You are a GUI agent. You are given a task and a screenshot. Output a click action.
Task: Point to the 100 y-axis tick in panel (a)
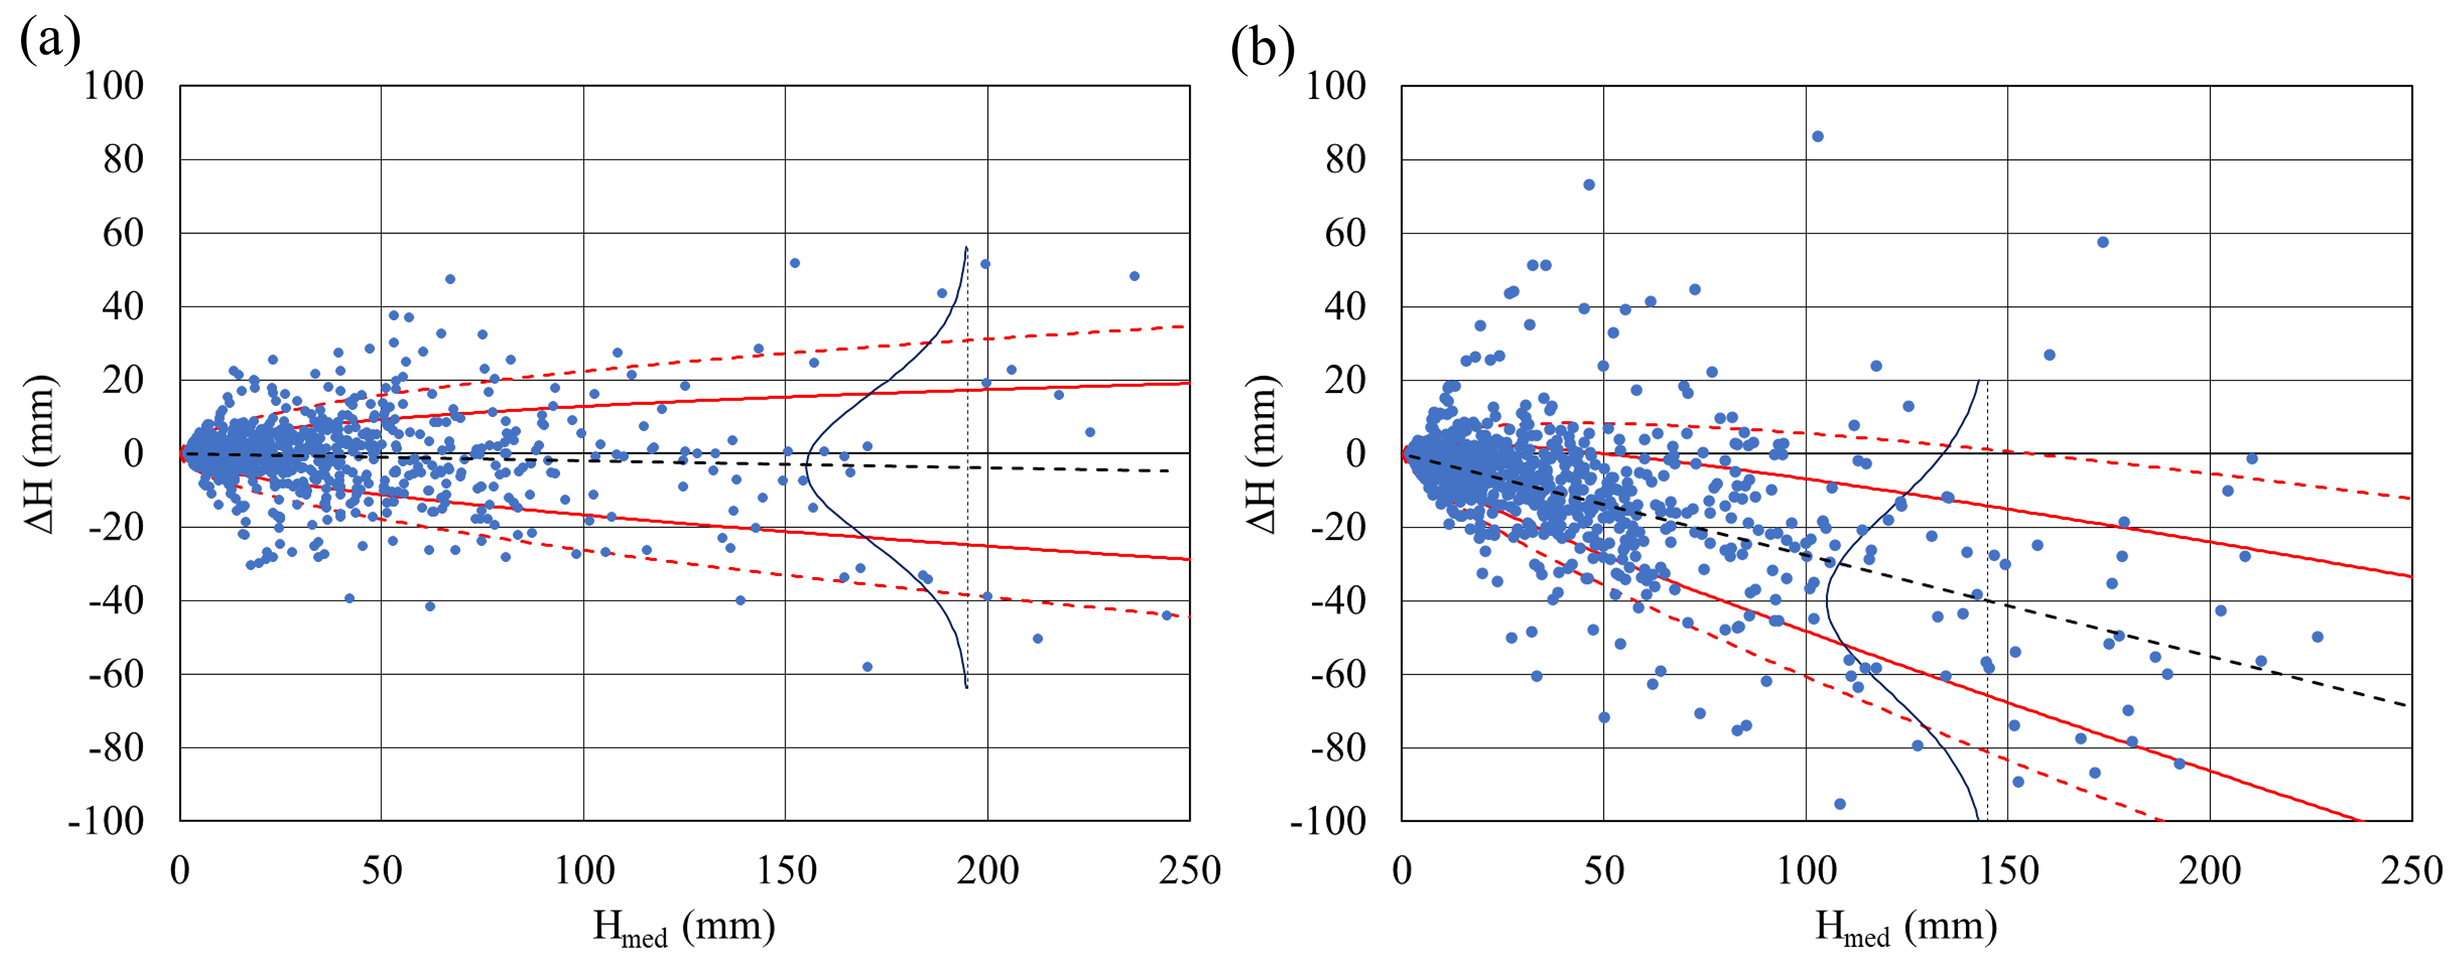pos(113,86)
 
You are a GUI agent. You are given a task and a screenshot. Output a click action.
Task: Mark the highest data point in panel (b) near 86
pos(1818,137)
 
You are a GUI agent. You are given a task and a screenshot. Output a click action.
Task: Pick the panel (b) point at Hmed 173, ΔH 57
pos(2102,242)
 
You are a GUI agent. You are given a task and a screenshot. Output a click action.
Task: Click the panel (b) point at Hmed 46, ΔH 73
pos(1589,185)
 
